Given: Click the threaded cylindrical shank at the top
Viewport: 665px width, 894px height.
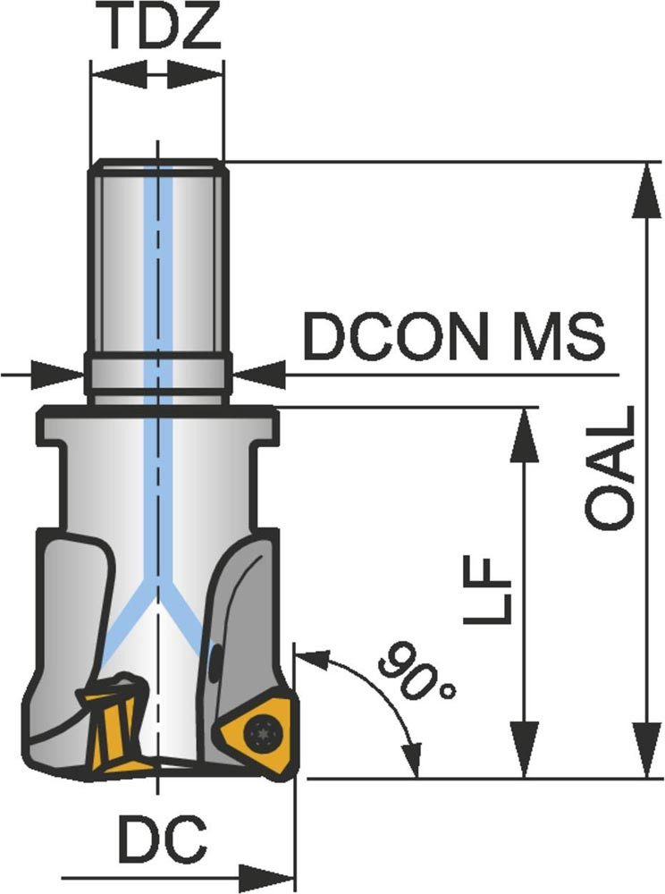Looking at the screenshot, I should (157, 259).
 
